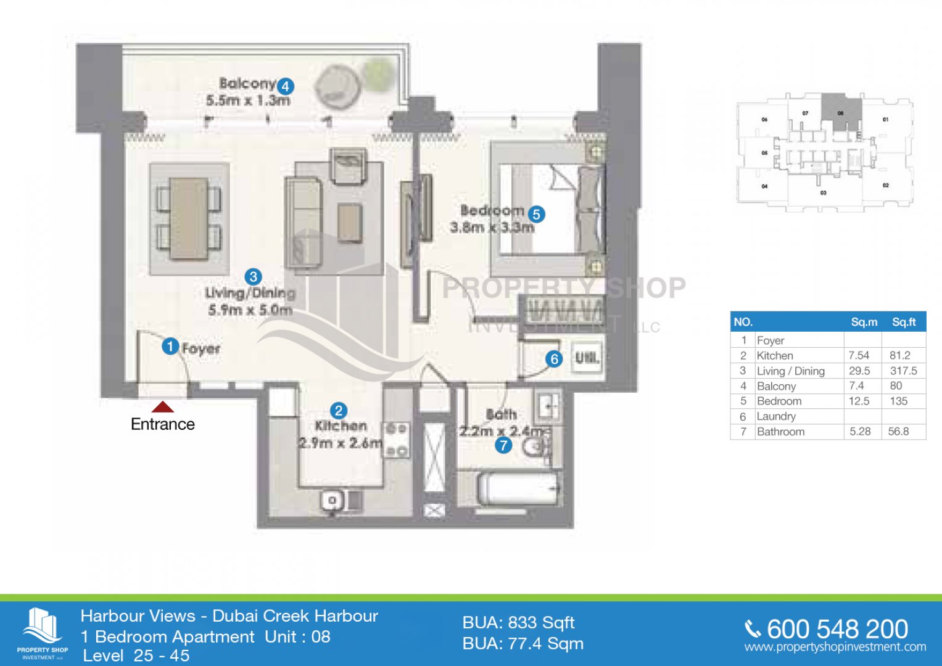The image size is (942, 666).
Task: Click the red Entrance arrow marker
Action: coord(163,406)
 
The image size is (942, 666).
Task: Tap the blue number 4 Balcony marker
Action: coord(285,86)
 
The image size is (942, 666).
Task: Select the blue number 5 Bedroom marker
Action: coord(536,214)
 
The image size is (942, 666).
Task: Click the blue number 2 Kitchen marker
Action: coord(338,411)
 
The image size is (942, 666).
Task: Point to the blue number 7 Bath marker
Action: coord(503,445)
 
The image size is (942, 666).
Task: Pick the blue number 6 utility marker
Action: coord(553,358)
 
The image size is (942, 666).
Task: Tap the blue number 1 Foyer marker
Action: coord(170,347)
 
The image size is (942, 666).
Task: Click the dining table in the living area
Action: coord(189,218)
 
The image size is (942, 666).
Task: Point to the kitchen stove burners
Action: coord(396,440)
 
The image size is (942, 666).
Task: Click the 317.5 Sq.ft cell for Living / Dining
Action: coord(903,371)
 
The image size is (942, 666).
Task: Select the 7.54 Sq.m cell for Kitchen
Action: coord(859,355)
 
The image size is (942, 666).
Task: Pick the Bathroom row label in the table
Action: coord(780,432)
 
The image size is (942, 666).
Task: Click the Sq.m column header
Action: coord(864,322)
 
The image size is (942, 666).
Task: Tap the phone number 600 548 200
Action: coord(837,629)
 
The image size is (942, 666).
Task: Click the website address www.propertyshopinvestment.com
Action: coord(835,647)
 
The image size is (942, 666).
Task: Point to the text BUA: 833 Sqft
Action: coord(518,623)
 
